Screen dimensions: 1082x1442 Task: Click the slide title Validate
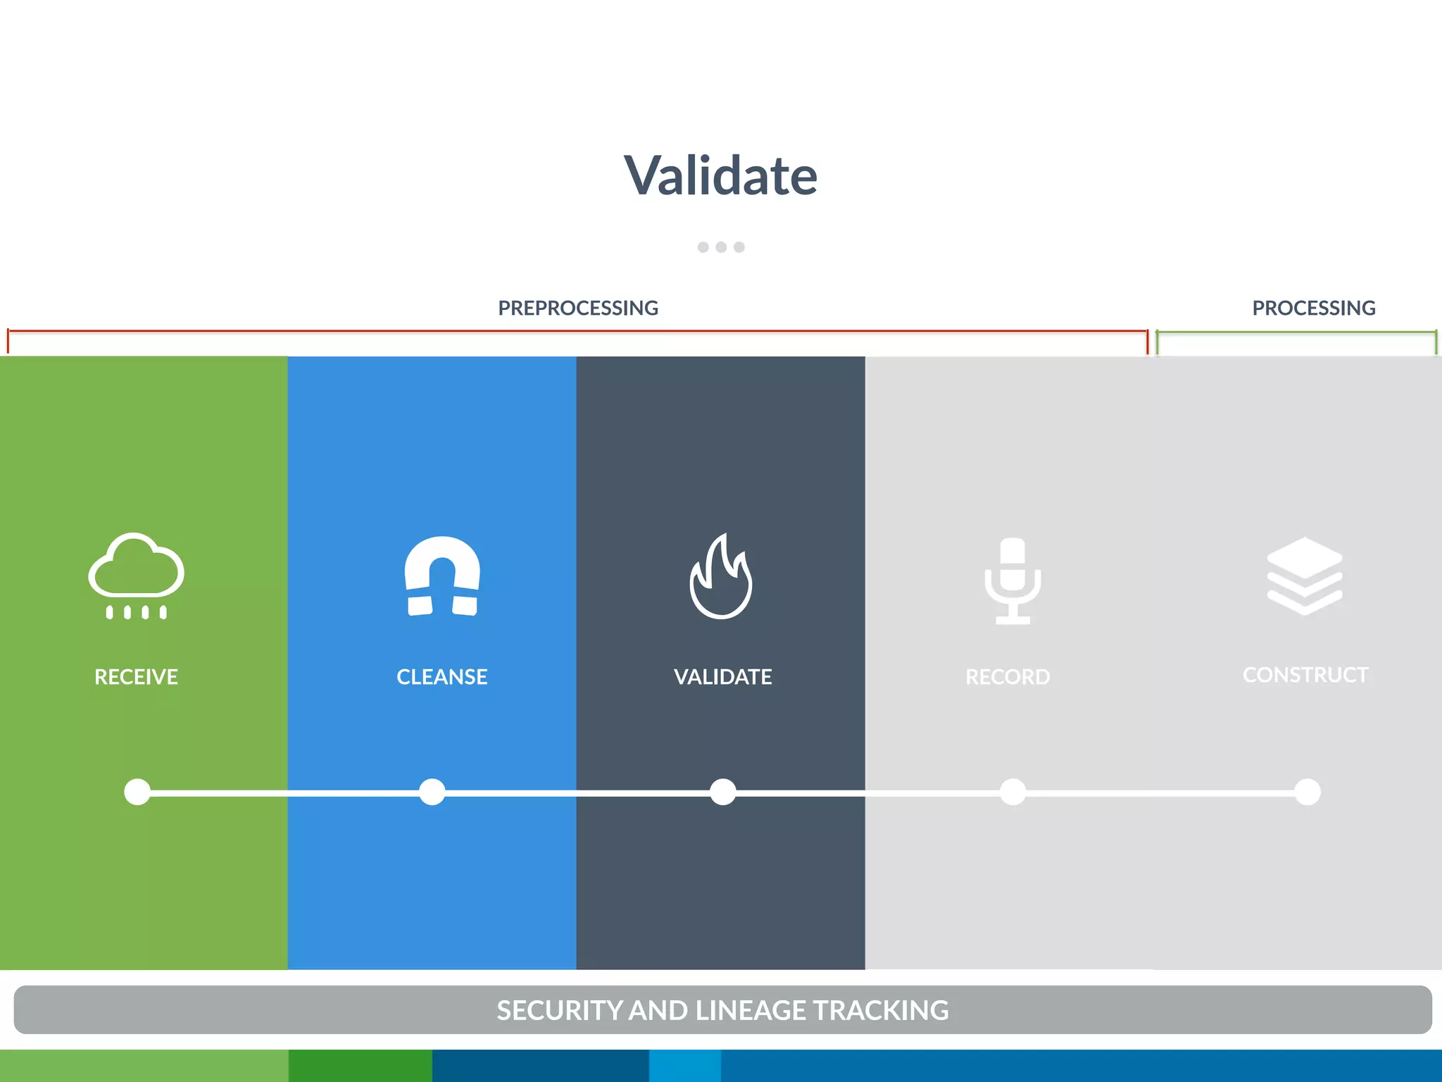click(720, 175)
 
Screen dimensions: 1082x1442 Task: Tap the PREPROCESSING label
click(578, 308)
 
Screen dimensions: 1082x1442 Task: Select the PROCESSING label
click(1313, 308)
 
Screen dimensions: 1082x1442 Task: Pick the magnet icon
click(442, 576)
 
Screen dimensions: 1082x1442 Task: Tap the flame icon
click(721, 577)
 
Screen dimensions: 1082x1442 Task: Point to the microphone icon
click(1012, 580)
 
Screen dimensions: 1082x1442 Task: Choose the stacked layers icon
click(1305, 576)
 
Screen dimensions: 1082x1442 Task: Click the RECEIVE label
click(137, 677)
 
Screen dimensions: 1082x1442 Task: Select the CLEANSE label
click(442, 677)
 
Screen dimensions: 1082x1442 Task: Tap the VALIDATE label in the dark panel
click(723, 677)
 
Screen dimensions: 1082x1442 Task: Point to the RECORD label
click(1008, 677)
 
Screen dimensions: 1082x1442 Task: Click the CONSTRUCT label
click(1305, 675)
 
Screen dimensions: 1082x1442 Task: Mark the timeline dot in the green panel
click(137, 792)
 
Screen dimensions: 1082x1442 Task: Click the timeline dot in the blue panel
click(432, 792)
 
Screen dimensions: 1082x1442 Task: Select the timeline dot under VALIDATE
click(723, 792)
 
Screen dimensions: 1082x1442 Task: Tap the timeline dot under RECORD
click(1012, 792)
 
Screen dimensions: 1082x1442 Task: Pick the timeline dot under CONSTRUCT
click(1308, 792)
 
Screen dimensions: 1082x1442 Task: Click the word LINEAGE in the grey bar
click(751, 1010)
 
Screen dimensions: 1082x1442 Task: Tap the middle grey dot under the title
click(721, 247)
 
